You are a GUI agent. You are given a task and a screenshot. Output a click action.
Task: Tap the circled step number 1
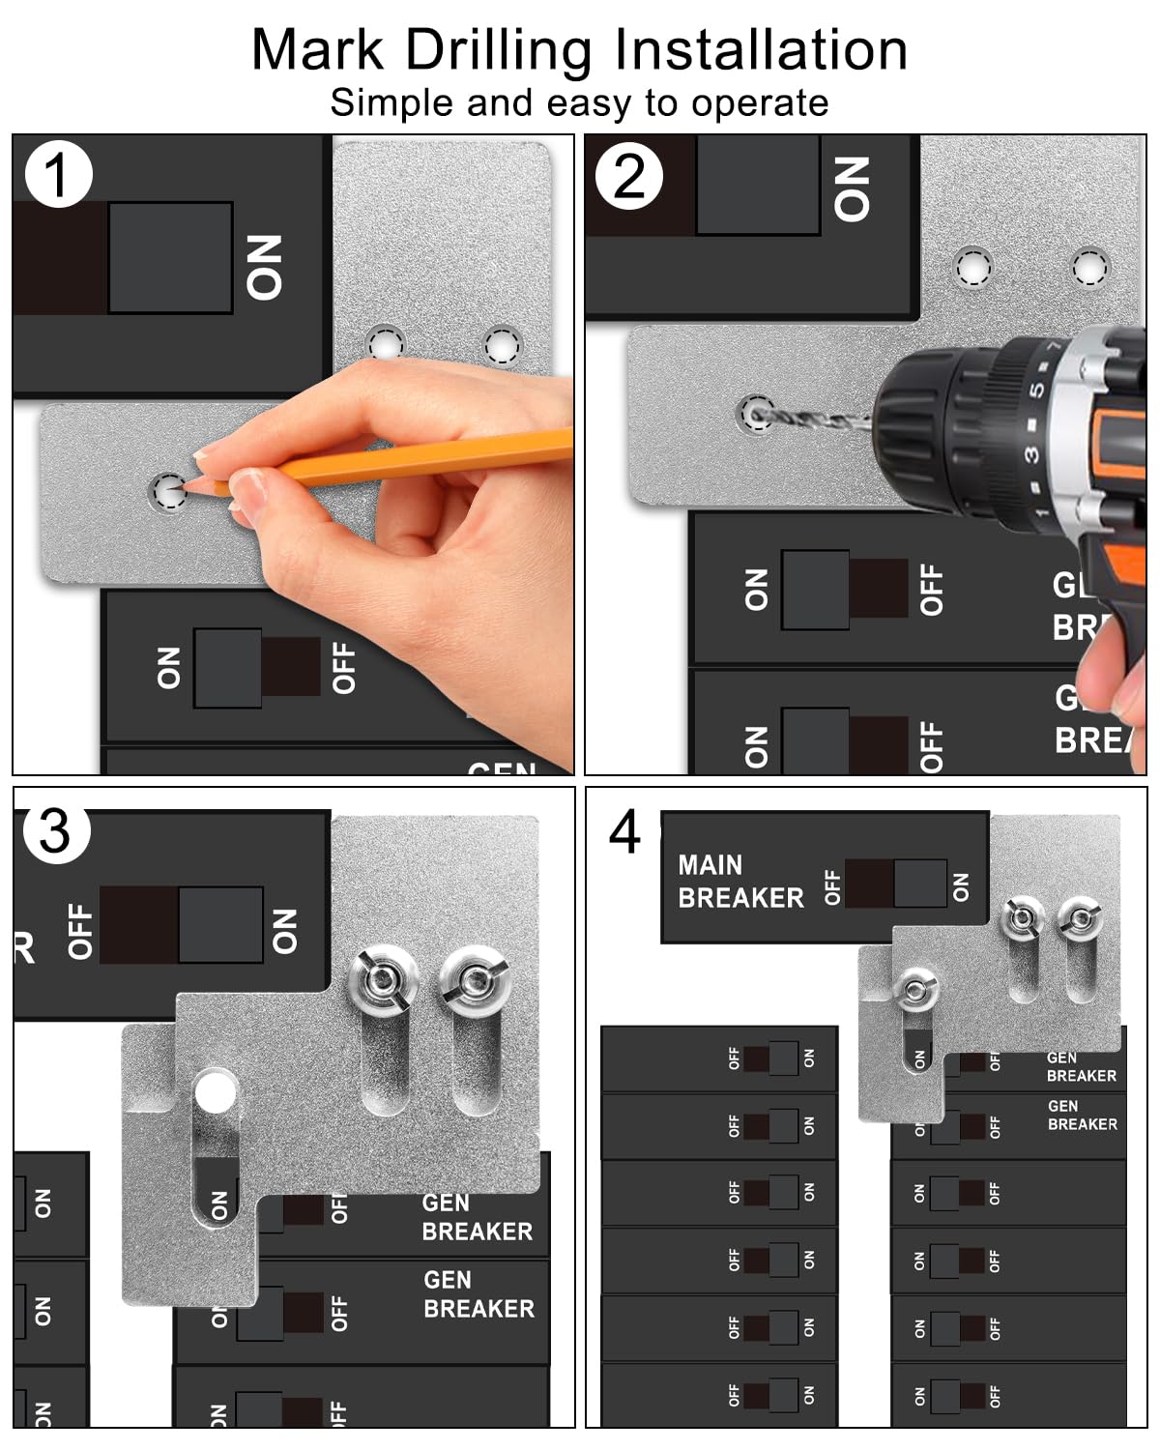[x=58, y=175]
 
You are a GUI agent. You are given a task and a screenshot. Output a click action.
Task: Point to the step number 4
[x=624, y=832]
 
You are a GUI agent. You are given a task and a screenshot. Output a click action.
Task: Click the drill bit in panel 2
[x=812, y=419]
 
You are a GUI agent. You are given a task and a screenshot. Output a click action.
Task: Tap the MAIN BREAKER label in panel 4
[x=740, y=882]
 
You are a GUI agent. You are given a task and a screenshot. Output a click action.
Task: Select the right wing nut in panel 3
[x=474, y=979]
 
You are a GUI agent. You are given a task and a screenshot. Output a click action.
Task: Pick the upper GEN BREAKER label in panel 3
[x=477, y=1217]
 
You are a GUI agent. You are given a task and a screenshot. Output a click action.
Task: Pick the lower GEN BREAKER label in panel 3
[x=478, y=1294]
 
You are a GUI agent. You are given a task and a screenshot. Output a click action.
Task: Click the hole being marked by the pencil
[x=168, y=492]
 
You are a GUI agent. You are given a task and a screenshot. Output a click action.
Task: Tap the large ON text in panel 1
[x=264, y=267]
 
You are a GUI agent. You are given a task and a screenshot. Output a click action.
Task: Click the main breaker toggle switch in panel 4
[x=894, y=884]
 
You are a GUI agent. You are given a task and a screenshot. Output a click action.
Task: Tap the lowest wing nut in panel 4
[x=913, y=989]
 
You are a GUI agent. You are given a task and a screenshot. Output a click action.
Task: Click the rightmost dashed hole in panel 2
[x=1089, y=268]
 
